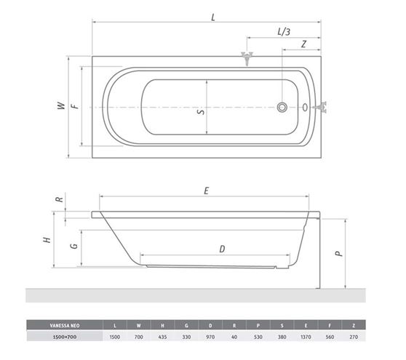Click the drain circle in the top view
[282, 107]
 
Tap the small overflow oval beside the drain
[305, 107]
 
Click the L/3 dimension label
[284, 32]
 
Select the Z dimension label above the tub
[303, 44]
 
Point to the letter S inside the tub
[201, 112]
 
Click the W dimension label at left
[61, 105]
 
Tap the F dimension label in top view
[75, 106]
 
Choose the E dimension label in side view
[207, 191]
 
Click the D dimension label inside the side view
[222, 249]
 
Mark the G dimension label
[74, 245]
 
